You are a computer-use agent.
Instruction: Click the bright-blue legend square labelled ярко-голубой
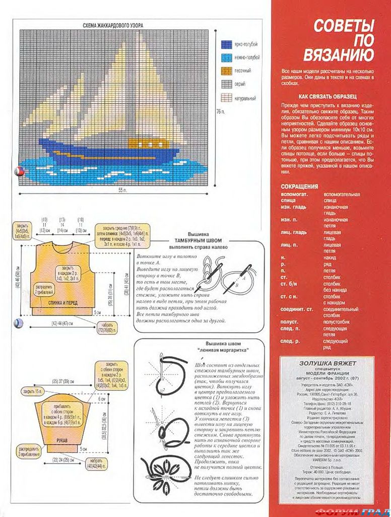click(x=227, y=44)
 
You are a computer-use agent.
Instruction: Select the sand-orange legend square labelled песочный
click(x=227, y=70)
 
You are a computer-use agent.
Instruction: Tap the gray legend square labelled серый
click(x=227, y=84)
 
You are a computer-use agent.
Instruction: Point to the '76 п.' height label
click(x=220, y=111)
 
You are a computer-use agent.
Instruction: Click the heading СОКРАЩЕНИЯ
click(x=299, y=186)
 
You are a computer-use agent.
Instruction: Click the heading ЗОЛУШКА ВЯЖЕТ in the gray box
click(x=328, y=363)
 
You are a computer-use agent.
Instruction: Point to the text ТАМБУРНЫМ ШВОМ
click(x=198, y=241)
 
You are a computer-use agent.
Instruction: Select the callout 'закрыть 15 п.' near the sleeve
click(x=33, y=391)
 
